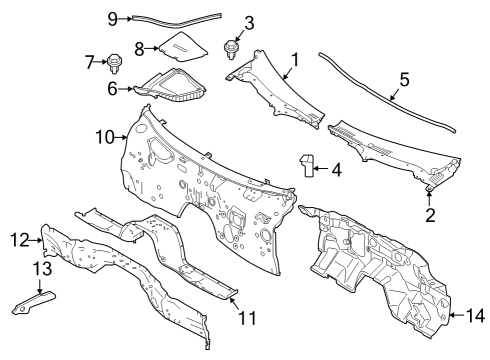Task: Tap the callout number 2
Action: pyautogui.click(x=430, y=213)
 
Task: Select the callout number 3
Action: pyautogui.click(x=249, y=21)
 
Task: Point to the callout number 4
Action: pyautogui.click(x=335, y=169)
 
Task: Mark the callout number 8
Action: pyautogui.click(x=140, y=47)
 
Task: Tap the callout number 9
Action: pyautogui.click(x=113, y=18)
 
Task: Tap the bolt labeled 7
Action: pyautogui.click(x=114, y=65)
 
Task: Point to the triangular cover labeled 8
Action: pyautogui.click(x=183, y=47)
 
